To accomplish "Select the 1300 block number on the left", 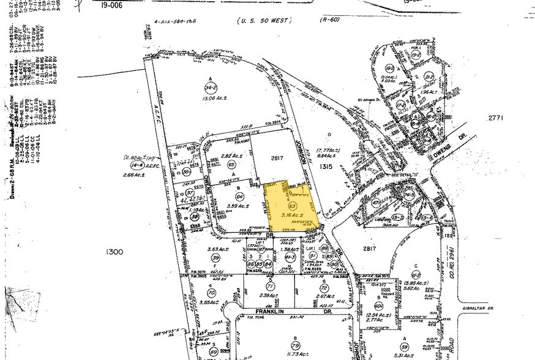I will tap(114, 252).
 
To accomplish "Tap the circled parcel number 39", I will tap(215, 257).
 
